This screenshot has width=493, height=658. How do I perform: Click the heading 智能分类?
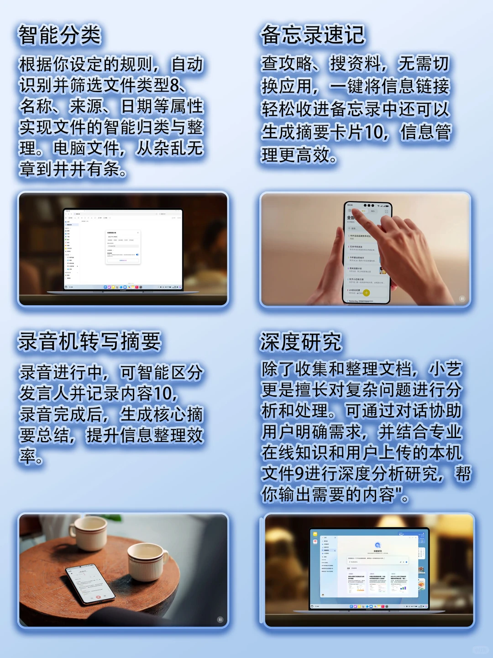59,35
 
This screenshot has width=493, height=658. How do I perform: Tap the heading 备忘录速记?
313,35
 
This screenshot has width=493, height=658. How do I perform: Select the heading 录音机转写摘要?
89,341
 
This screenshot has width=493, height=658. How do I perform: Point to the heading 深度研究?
300,342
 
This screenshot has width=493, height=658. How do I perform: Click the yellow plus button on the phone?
366,293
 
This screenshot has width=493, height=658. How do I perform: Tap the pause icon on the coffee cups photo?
220,620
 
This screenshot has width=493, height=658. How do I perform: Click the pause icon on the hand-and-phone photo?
462,299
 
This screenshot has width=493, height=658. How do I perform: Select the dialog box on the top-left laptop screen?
123,247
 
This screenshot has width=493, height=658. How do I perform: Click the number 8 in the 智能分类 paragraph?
175,85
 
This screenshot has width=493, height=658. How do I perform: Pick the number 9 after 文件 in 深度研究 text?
299,473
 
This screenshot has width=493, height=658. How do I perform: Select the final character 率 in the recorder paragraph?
27,456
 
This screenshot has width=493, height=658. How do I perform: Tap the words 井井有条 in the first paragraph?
86,169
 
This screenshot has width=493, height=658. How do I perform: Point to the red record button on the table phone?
98,597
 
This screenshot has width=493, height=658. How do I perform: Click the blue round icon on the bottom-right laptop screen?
378,545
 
